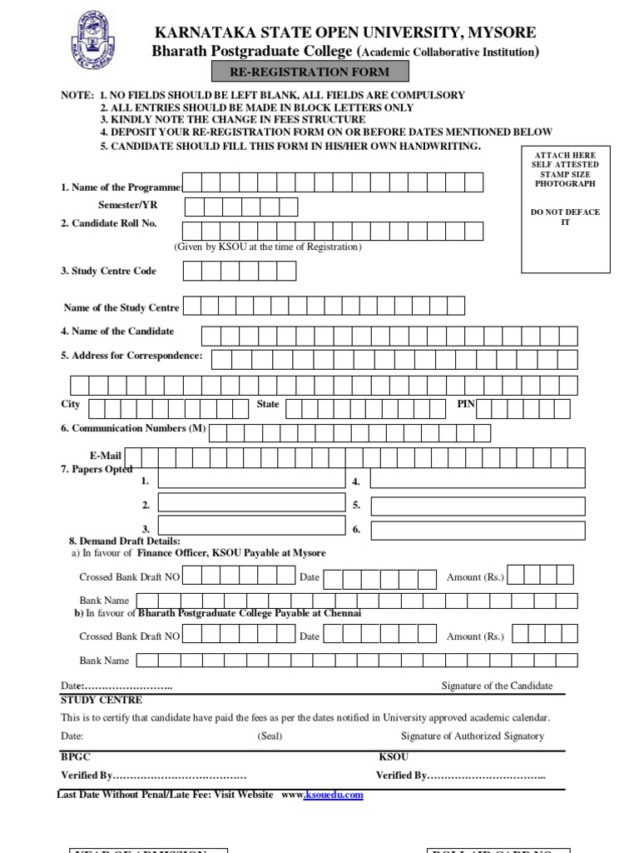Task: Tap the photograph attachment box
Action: (x=565, y=209)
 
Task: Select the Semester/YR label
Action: (x=127, y=205)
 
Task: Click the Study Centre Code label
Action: (x=108, y=271)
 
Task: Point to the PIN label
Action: (x=466, y=404)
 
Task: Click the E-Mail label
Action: (x=106, y=456)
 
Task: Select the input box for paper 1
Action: (x=250, y=478)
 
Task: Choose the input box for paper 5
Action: (x=477, y=506)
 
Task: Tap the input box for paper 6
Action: (x=477, y=531)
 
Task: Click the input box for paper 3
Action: (x=250, y=526)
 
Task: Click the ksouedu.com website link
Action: (x=334, y=795)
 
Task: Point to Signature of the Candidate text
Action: (x=497, y=686)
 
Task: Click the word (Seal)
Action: (x=270, y=736)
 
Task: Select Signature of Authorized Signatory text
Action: (x=472, y=736)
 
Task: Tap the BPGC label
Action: (x=75, y=756)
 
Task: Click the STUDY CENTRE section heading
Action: (x=102, y=700)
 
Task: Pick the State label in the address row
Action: (x=268, y=404)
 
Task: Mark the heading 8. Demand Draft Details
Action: (x=124, y=541)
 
